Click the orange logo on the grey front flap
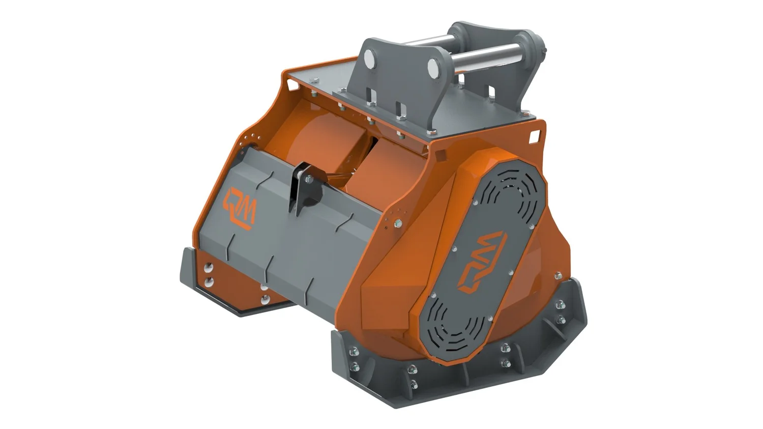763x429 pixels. tap(240, 208)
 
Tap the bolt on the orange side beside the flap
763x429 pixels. tap(398, 222)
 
